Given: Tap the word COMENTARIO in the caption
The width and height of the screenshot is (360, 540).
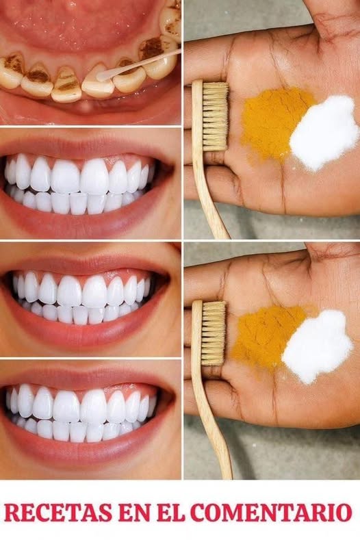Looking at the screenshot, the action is point(271,513).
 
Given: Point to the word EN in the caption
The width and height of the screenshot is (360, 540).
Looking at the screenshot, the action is point(133,513).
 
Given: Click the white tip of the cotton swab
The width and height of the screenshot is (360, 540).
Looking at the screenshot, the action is point(103,76).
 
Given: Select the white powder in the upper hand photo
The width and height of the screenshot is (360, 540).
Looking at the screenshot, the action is point(323,133).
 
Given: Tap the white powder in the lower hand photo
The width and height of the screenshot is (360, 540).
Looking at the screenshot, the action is point(317,346).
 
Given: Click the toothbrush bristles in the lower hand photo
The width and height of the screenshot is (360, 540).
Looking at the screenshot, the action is point(214,333).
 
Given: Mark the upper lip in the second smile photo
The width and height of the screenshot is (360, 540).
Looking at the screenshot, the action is point(86,144).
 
